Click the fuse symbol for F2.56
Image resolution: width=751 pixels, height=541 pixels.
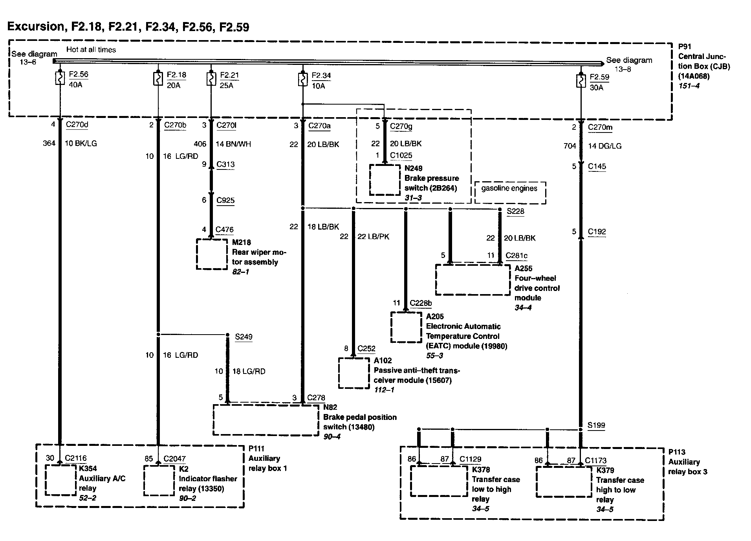[60, 78]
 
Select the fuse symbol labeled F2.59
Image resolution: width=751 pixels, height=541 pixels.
[580, 81]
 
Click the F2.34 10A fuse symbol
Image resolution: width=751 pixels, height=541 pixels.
[302, 79]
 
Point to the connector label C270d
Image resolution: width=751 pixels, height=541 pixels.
[77, 125]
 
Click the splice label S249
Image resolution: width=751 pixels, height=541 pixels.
[244, 337]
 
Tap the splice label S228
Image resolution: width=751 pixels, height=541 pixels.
[515, 211]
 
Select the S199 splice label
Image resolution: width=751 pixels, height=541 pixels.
[596, 425]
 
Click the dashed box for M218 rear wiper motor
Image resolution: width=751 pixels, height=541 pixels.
[212, 254]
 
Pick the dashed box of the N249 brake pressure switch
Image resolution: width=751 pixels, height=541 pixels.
[385, 179]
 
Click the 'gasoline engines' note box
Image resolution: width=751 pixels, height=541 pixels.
[510, 193]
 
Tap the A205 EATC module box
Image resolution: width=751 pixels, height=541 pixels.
[406, 327]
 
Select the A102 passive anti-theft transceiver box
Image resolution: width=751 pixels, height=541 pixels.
[354, 373]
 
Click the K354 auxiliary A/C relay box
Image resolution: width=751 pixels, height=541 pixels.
[60, 480]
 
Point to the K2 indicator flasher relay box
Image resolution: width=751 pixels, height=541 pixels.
[159, 480]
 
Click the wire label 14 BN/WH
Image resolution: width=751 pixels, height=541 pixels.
[233, 144]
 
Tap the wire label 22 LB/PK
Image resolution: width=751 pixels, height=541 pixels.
[373, 236]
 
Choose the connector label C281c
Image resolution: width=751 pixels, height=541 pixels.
[516, 256]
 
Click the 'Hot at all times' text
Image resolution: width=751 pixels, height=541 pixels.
[91, 50]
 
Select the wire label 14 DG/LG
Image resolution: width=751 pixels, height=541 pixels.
[604, 146]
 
